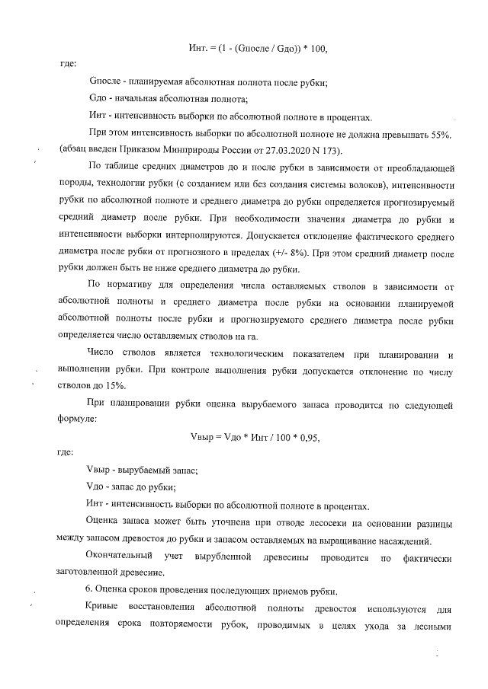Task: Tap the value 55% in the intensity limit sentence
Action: pos(446,135)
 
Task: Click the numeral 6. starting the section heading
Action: pos(93,592)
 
